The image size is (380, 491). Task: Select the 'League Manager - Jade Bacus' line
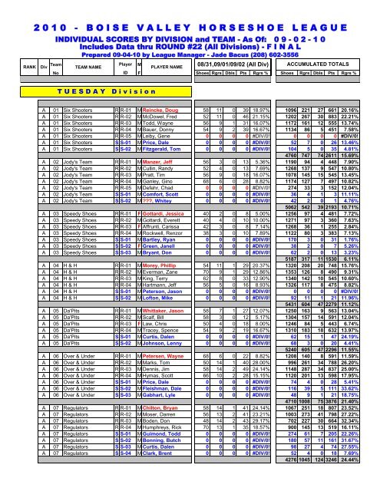[x=189, y=44]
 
